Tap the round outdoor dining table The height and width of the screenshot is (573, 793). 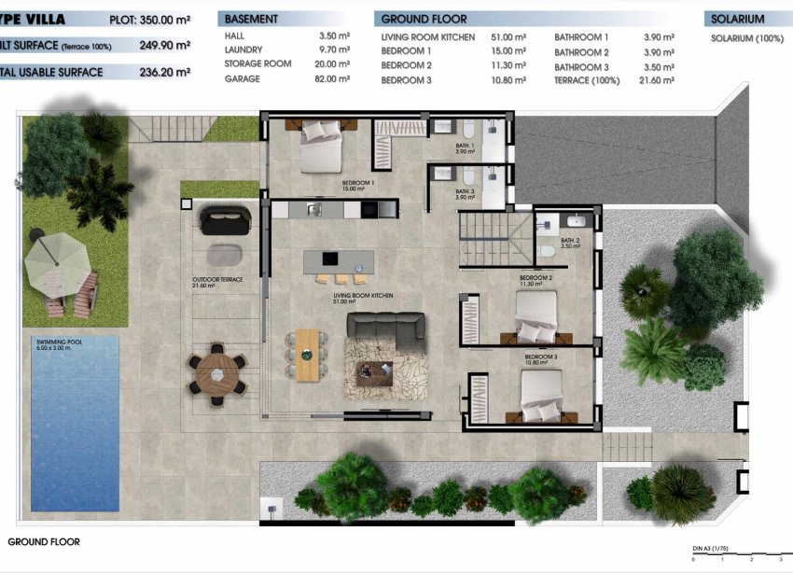tap(217, 374)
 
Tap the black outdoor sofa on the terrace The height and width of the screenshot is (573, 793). tap(225, 221)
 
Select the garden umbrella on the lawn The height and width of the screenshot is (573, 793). tap(55, 261)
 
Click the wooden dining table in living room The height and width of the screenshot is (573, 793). tap(306, 355)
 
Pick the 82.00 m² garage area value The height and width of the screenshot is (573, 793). tap(332, 79)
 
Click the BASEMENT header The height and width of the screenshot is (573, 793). tap(251, 19)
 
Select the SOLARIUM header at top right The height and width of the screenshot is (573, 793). tap(737, 19)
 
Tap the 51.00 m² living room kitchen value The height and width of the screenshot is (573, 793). tap(508, 37)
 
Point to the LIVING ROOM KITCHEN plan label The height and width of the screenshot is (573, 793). tap(363, 298)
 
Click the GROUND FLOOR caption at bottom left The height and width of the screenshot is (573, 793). tap(44, 541)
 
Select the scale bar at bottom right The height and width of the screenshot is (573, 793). tap(737, 558)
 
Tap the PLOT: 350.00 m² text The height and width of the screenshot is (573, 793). tap(150, 19)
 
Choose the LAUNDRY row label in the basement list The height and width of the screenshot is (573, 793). tap(243, 50)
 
